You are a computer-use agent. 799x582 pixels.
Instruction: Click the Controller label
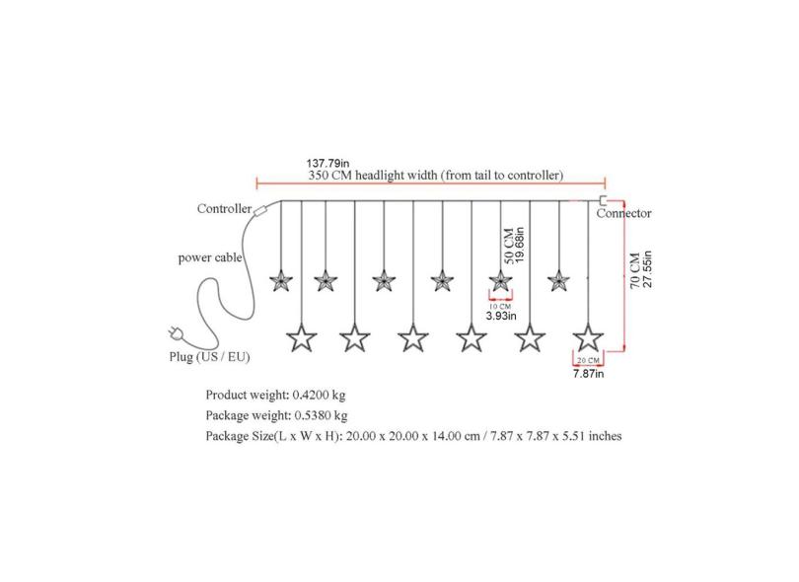click(224, 208)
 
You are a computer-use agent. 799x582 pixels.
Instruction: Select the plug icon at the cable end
click(175, 333)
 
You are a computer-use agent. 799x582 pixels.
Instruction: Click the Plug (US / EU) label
click(209, 357)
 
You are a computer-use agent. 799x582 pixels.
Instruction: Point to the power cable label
click(210, 257)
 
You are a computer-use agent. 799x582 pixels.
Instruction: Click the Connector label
click(623, 213)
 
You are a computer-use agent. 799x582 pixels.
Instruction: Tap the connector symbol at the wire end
click(603, 200)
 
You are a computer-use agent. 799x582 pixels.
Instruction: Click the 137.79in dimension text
click(327, 164)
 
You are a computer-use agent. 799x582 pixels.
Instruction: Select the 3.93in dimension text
click(501, 316)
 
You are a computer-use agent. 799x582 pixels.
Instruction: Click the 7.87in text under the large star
click(588, 374)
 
